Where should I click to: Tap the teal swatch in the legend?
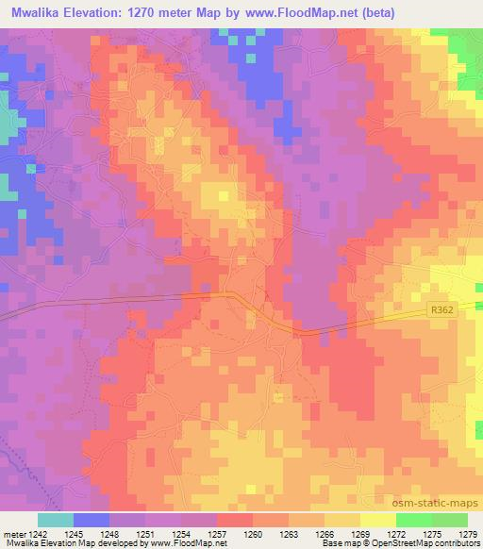pyautogui.click(x=56, y=520)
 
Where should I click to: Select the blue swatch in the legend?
pyautogui.click(x=92, y=520)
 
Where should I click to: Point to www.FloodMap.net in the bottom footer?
pyautogui.click(x=186, y=543)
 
